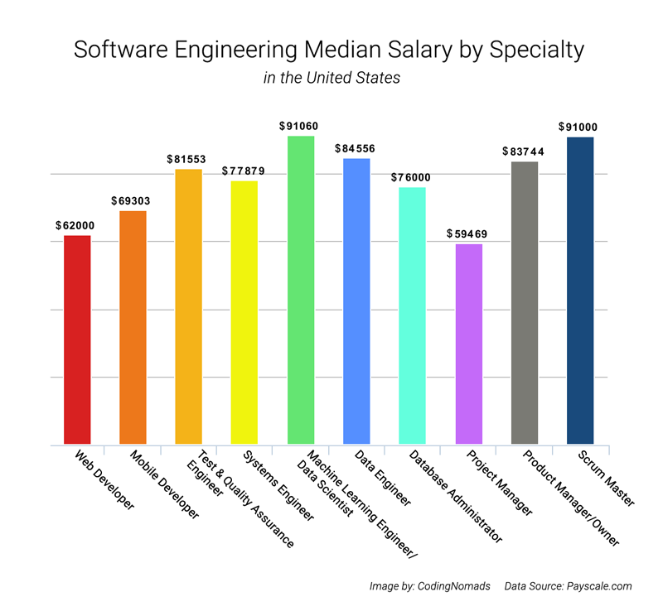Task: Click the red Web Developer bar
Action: [77, 339]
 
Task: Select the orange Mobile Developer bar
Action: [133, 327]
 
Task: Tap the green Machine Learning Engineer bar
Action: [301, 290]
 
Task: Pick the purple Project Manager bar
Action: [469, 344]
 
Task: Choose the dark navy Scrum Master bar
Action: [580, 290]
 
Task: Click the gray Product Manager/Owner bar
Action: [525, 302]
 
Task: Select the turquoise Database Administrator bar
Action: [413, 315]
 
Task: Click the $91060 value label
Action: [301, 126]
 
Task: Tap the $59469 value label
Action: [468, 234]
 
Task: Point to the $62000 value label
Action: [77, 225]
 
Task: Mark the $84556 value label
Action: [356, 148]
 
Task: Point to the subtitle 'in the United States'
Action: [331, 79]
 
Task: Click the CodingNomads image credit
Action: [428, 586]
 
